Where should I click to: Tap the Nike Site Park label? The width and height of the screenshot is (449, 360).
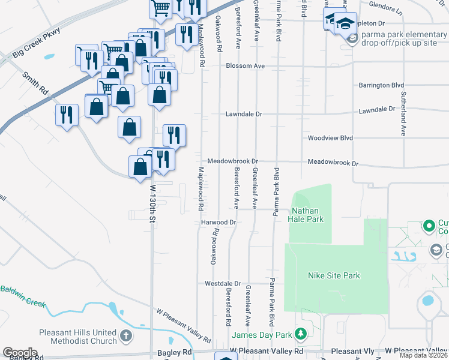tap(334, 275)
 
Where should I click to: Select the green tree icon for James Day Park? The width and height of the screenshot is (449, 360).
tap(302, 334)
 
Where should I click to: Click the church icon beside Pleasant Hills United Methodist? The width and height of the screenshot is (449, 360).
tap(126, 335)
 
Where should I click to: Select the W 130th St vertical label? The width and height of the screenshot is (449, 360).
tap(152, 205)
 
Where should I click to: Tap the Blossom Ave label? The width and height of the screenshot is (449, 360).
tap(245, 66)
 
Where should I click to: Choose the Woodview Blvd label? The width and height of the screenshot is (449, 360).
tap(330, 137)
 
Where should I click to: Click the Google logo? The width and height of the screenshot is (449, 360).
tap(20, 353)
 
